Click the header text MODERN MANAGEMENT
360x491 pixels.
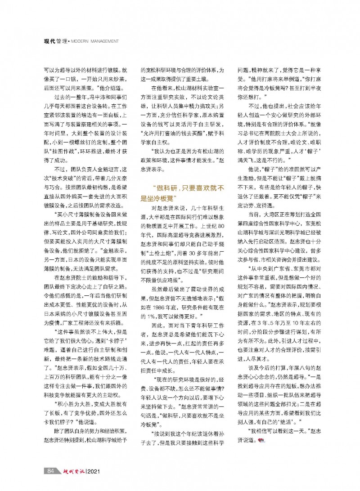tap(95, 42)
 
